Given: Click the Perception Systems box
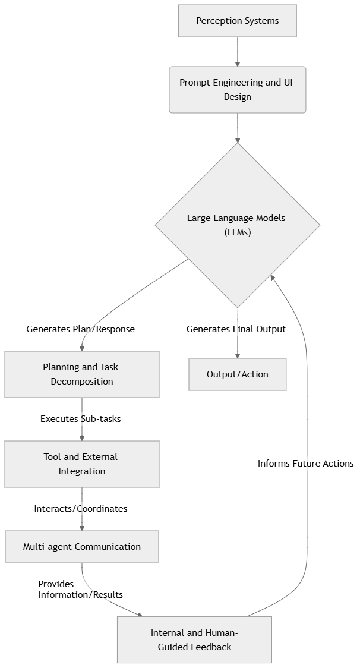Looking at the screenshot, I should coord(238,21).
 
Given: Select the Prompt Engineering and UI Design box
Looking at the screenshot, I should coord(238,90).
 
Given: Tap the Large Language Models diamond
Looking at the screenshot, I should coord(238,225).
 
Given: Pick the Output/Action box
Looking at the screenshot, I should coord(238,374).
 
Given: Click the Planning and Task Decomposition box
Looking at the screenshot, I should coord(82,374).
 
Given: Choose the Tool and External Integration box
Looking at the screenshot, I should coord(82,464).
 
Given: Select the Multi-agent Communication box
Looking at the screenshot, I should coord(82,547).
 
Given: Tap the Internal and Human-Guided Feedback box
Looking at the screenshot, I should coord(194,639).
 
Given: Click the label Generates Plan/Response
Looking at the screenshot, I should coord(81,329).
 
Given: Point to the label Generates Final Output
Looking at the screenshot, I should coord(236,329).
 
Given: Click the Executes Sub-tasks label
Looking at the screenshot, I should coord(81,419).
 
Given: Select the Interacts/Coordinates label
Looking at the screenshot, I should coord(81,509).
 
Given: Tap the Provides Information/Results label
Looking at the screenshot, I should coord(81,589).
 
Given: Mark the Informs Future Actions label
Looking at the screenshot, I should coord(305,464).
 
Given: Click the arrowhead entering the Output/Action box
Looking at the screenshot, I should coord(238,355).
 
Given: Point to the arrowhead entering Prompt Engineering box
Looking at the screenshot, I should coord(238,64).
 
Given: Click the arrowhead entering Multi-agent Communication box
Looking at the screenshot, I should coord(82,528).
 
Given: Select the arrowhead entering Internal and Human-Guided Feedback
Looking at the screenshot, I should coord(141,615).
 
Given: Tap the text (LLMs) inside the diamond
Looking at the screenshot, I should coord(238,232).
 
